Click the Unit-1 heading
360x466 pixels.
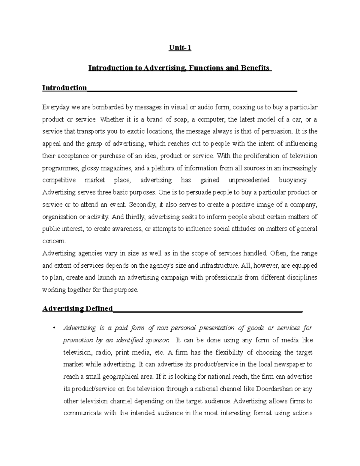coord(180,48)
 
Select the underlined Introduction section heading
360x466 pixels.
coord(64,88)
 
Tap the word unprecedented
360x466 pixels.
coord(249,180)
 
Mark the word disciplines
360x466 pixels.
coord(301,278)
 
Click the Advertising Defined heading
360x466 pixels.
coord(78,308)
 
